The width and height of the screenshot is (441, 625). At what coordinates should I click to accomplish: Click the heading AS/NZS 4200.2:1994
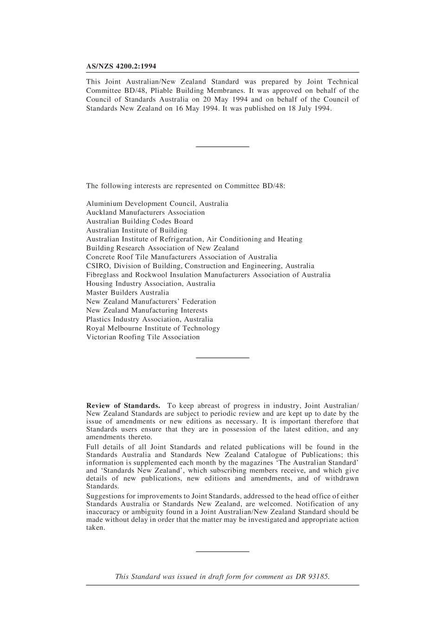click(121, 66)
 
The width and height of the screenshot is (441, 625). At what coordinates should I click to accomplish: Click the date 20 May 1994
click(225, 99)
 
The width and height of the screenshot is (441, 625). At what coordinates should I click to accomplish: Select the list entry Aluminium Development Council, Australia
click(157, 204)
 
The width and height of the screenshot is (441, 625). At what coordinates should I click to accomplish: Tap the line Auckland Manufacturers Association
click(145, 212)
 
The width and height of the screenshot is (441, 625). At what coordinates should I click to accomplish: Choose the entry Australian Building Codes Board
click(139, 221)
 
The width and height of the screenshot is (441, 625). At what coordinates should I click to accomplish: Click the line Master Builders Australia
click(127, 293)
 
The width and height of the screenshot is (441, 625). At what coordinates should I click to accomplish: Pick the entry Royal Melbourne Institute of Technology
click(153, 328)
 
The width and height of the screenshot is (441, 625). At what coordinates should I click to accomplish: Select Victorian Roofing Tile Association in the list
click(143, 337)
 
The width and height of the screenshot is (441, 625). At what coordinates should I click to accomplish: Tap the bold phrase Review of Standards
click(123, 406)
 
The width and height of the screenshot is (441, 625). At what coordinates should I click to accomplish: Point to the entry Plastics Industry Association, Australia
click(149, 319)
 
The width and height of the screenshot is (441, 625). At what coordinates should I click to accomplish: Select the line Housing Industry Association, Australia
click(150, 283)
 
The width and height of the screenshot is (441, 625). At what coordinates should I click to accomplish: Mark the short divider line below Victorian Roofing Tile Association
click(222, 357)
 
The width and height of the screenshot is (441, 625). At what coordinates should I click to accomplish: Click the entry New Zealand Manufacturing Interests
click(147, 310)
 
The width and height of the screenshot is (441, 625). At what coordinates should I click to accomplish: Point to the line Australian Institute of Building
click(136, 230)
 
